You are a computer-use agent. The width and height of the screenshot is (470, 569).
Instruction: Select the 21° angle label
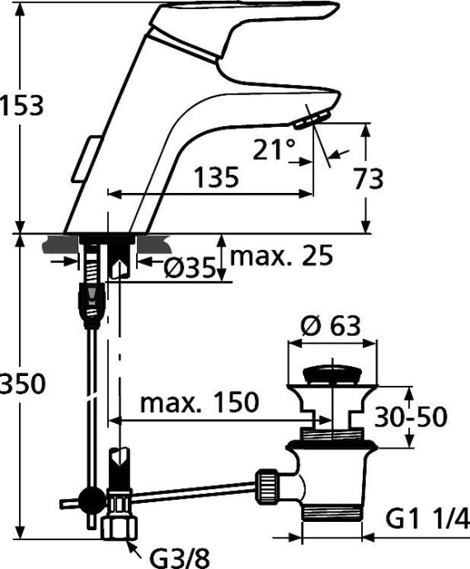274,150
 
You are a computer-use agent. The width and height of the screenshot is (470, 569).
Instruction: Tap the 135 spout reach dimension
216,177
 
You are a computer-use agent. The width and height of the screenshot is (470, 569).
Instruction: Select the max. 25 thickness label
281,256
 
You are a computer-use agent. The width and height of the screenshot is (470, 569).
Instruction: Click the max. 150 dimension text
199,403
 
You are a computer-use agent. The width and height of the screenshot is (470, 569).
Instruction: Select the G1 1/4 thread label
427,519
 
